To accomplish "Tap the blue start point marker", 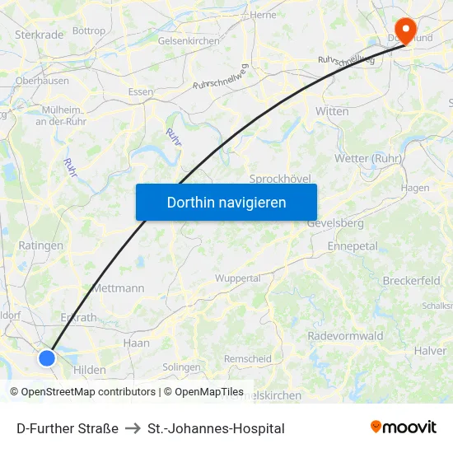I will pos(47,357).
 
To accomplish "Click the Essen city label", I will pos(140,92).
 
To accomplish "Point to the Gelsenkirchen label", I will pos(188,40).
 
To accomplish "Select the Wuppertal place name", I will pos(237,278).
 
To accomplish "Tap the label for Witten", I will pos(332,111).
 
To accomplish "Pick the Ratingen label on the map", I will pos(40,245).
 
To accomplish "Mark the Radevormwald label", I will pos(345,336).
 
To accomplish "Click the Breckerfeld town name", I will pos(410,281).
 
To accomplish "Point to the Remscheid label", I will pos(248,359).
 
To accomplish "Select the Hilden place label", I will pos(89,371).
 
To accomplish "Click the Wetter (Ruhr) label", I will pos(367,158).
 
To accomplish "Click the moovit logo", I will pos(404,427).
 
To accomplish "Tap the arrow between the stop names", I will pos(133,428).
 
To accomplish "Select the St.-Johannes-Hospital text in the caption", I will pos(216,428).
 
